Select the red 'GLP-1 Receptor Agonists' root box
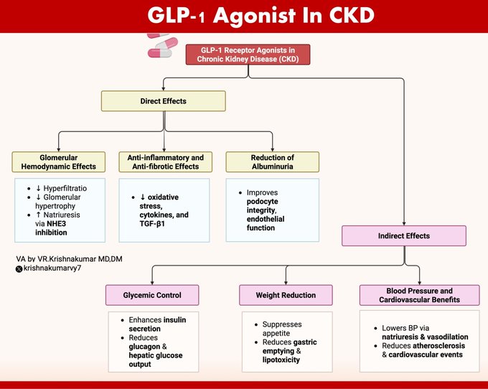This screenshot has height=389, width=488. pos(248,55)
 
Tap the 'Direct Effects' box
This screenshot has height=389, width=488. pos(164,101)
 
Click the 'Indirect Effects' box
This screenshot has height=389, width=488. pos(404,235)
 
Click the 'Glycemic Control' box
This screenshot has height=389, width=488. pos(152,295)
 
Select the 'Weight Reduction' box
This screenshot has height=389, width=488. pos(286,295)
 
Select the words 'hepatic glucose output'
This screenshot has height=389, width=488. pos(152,359)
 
